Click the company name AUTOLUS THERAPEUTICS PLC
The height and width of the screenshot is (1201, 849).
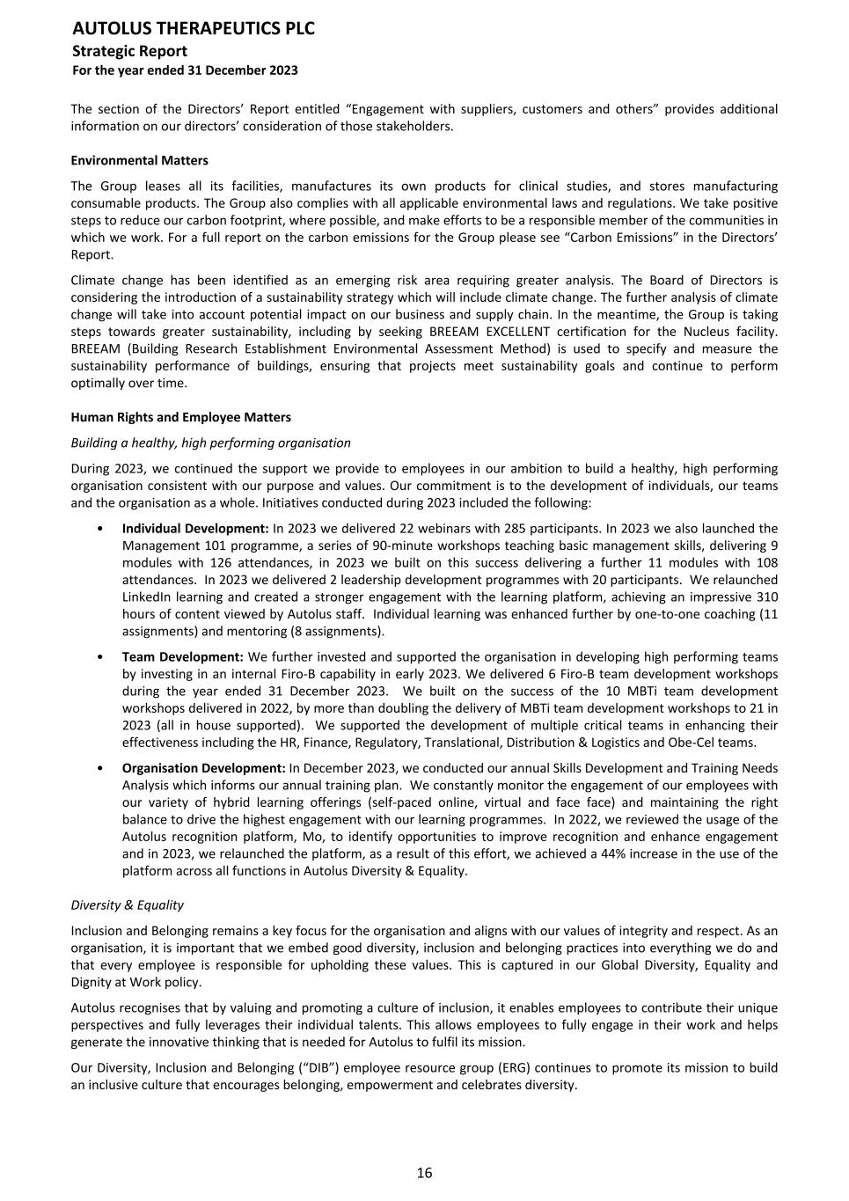[x=193, y=29]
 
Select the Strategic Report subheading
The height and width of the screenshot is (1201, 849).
[x=129, y=51]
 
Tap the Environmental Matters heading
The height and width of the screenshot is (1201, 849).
[x=139, y=160]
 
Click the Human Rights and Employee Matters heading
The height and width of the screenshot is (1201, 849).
[x=180, y=417]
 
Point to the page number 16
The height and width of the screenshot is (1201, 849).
[x=424, y=1172]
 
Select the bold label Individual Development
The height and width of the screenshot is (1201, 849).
[x=194, y=529]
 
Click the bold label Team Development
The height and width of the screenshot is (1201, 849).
[x=182, y=657]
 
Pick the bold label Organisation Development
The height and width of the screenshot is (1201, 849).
[x=203, y=768]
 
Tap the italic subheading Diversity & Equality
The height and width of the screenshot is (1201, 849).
[x=127, y=904]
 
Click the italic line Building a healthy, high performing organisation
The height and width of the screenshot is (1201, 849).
[x=210, y=443]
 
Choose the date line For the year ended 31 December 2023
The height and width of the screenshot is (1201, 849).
[x=184, y=70]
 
